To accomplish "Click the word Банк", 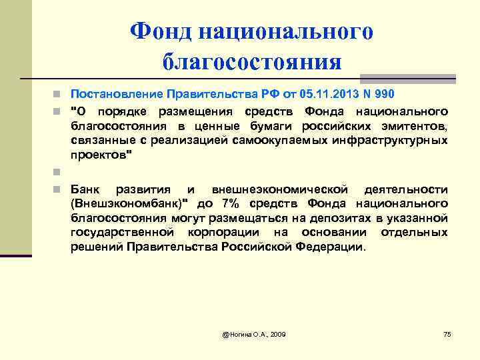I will coord(85,189).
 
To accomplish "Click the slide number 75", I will coord(447,333).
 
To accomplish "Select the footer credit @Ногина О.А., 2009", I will coord(254,333).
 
